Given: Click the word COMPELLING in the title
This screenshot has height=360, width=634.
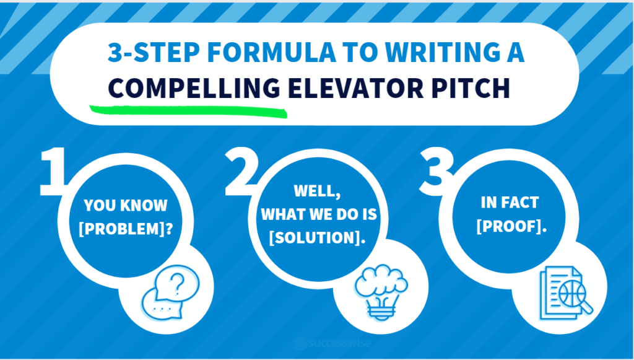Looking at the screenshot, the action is pyautogui.click(x=194, y=88).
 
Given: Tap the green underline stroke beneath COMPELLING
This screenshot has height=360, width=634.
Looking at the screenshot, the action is pyautogui.click(x=188, y=112).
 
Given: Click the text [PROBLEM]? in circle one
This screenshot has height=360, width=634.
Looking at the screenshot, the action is pyautogui.click(x=126, y=229).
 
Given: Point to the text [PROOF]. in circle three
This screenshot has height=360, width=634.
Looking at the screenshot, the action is pyautogui.click(x=511, y=227).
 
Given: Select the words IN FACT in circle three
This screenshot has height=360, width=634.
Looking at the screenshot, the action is pyautogui.click(x=510, y=202).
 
